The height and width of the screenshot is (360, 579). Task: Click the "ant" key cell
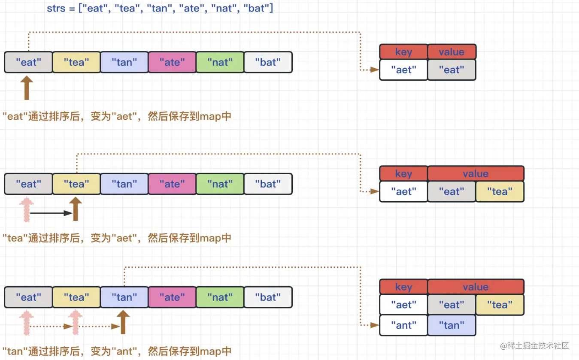(x=403, y=325)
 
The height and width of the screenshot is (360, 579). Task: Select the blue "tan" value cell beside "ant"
(x=452, y=325)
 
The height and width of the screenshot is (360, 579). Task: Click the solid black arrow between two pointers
(x=51, y=213)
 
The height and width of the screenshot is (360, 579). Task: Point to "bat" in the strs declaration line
(x=257, y=8)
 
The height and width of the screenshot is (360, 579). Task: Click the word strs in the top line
(x=56, y=8)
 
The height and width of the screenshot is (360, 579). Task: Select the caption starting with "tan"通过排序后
(x=117, y=351)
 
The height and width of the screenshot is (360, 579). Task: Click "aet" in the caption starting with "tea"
(x=124, y=238)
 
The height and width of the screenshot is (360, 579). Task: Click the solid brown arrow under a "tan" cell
(x=123, y=322)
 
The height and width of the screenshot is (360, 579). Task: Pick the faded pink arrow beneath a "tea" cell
(x=75, y=323)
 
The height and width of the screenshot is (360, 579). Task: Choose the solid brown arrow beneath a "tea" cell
(x=76, y=209)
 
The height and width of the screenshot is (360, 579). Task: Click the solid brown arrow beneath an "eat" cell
(x=27, y=88)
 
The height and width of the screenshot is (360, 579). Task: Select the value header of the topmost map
(x=452, y=51)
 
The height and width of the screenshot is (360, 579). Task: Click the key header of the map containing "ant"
(x=403, y=287)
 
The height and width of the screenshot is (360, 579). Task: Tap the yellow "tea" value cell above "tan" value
(x=500, y=305)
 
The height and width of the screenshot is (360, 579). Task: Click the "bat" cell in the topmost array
(x=268, y=62)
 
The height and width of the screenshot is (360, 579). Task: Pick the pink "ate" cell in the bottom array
(x=172, y=297)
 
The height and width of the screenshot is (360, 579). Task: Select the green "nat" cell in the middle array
(x=220, y=184)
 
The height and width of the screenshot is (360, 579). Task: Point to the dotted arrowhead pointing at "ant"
(x=375, y=325)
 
